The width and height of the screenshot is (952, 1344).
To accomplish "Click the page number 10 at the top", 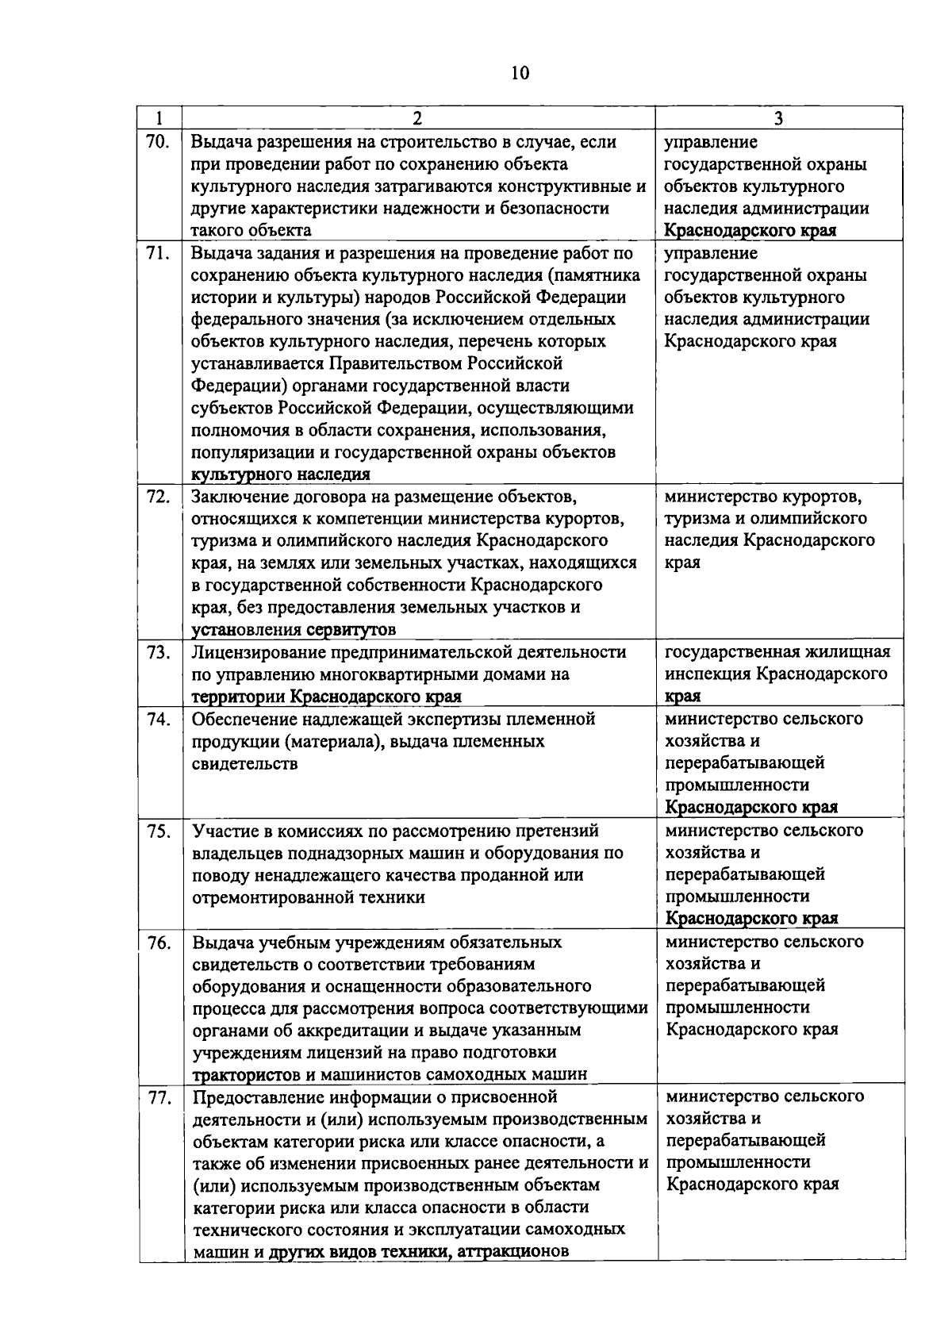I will (520, 74).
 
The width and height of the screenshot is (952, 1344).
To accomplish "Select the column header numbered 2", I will (417, 118).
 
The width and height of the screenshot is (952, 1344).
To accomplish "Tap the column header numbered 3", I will (778, 118).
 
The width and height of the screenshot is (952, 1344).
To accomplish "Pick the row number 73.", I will (159, 652).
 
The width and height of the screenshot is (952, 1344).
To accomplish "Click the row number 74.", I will (159, 719).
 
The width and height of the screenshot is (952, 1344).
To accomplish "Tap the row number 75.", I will (159, 831).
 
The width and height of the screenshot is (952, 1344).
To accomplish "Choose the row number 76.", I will (159, 942).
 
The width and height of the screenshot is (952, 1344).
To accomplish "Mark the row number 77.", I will (159, 1097).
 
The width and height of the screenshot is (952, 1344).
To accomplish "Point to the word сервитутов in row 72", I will (350, 630).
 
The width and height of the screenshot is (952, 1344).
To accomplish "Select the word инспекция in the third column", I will (707, 674).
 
